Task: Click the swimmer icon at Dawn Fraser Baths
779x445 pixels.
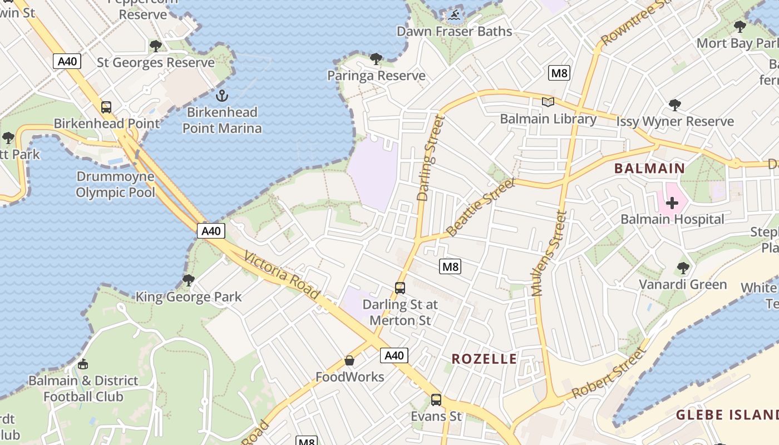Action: point(455,15)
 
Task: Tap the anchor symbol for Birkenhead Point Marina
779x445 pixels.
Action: point(222,96)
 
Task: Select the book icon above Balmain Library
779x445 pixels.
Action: point(548,102)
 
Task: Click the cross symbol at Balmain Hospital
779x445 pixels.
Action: point(672,203)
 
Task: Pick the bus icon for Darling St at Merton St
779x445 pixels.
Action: point(400,288)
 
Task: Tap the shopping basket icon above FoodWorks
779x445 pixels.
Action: point(349,360)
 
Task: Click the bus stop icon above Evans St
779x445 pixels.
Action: point(436,399)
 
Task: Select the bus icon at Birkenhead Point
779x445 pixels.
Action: point(106,107)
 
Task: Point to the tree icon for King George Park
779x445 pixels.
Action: point(189,280)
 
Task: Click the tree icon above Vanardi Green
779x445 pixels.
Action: point(683,268)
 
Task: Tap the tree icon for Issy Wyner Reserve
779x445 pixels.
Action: point(674,105)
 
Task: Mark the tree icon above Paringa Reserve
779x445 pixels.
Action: point(376,59)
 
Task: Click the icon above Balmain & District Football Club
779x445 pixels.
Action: point(83,364)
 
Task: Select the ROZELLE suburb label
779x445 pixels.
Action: point(484,359)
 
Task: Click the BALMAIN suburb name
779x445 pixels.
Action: point(649,168)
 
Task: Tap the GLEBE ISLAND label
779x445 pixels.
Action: point(727,415)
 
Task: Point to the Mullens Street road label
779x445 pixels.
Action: point(549,253)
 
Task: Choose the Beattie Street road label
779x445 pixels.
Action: point(481,207)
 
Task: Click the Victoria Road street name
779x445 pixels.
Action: point(282,276)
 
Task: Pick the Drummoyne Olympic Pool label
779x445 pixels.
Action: point(115,185)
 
